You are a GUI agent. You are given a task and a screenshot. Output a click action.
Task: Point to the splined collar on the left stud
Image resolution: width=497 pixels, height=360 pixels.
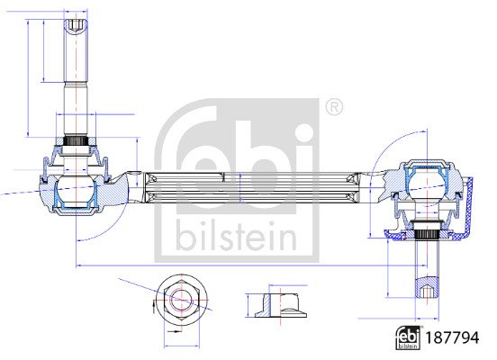tap(77, 142)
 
